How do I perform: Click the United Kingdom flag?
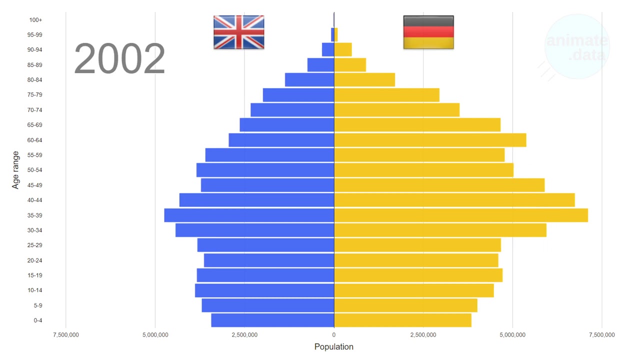click(x=238, y=32)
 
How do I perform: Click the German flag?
click(x=428, y=32)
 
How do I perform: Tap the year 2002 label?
click(x=119, y=59)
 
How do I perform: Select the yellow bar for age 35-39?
click(x=460, y=215)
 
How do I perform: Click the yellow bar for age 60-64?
click(x=430, y=140)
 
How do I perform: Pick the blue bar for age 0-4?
click(x=272, y=320)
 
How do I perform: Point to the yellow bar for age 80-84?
click(x=364, y=80)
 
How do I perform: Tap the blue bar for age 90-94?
click(x=328, y=50)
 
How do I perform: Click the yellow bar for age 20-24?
click(x=416, y=260)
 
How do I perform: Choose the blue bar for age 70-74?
click(x=292, y=110)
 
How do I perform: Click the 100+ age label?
click(x=36, y=20)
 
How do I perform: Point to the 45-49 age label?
click(x=35, y=185)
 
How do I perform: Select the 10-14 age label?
click(x=35, y=290)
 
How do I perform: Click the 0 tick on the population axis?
click(x=334, y=334)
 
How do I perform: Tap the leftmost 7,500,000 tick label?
click(x=65, y=334)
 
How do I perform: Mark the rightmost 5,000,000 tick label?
click(x=512, y=334)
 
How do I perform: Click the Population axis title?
click(x=334, y=347)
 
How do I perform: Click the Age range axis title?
click(x=15, y=170)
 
